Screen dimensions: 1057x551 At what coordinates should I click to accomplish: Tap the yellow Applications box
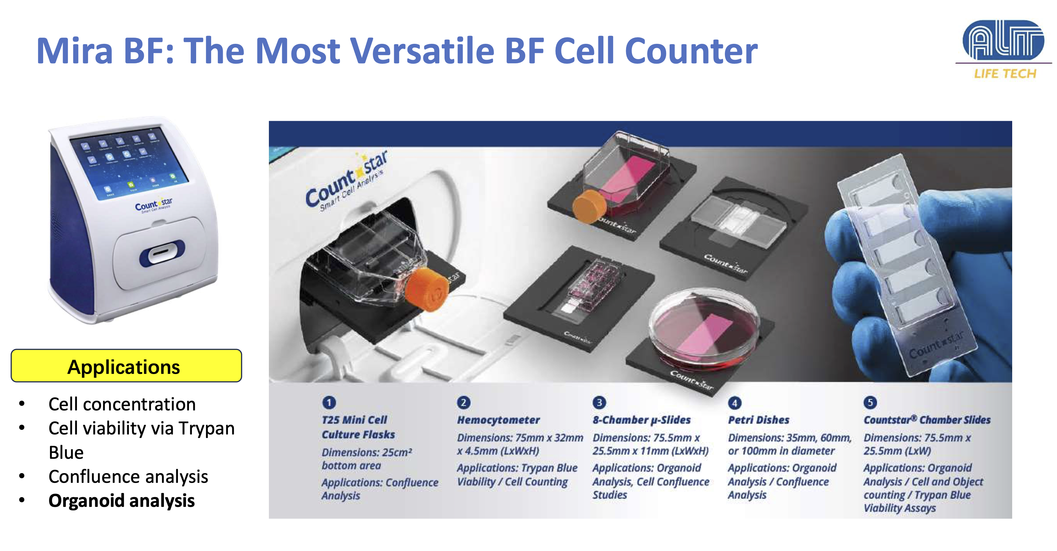coord(126,366)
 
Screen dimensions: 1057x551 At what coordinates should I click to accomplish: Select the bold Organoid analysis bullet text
coord(121,501)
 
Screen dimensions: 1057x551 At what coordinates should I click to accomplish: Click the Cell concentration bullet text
coord(122,405)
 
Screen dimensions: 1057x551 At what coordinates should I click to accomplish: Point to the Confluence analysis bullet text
coord(128,477)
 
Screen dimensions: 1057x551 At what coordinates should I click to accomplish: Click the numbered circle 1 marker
coord(329,403)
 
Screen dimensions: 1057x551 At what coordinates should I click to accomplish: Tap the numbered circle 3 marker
coord(599,403)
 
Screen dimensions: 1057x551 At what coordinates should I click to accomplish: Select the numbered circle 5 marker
coord(870,403)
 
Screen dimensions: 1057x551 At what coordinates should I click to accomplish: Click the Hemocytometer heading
coord(498,420)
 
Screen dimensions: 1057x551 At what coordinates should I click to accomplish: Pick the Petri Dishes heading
coord(759,420)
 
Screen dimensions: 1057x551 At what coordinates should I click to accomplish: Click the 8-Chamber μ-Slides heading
coord(642,420)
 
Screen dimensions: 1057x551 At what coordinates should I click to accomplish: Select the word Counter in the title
coord(691,51)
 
